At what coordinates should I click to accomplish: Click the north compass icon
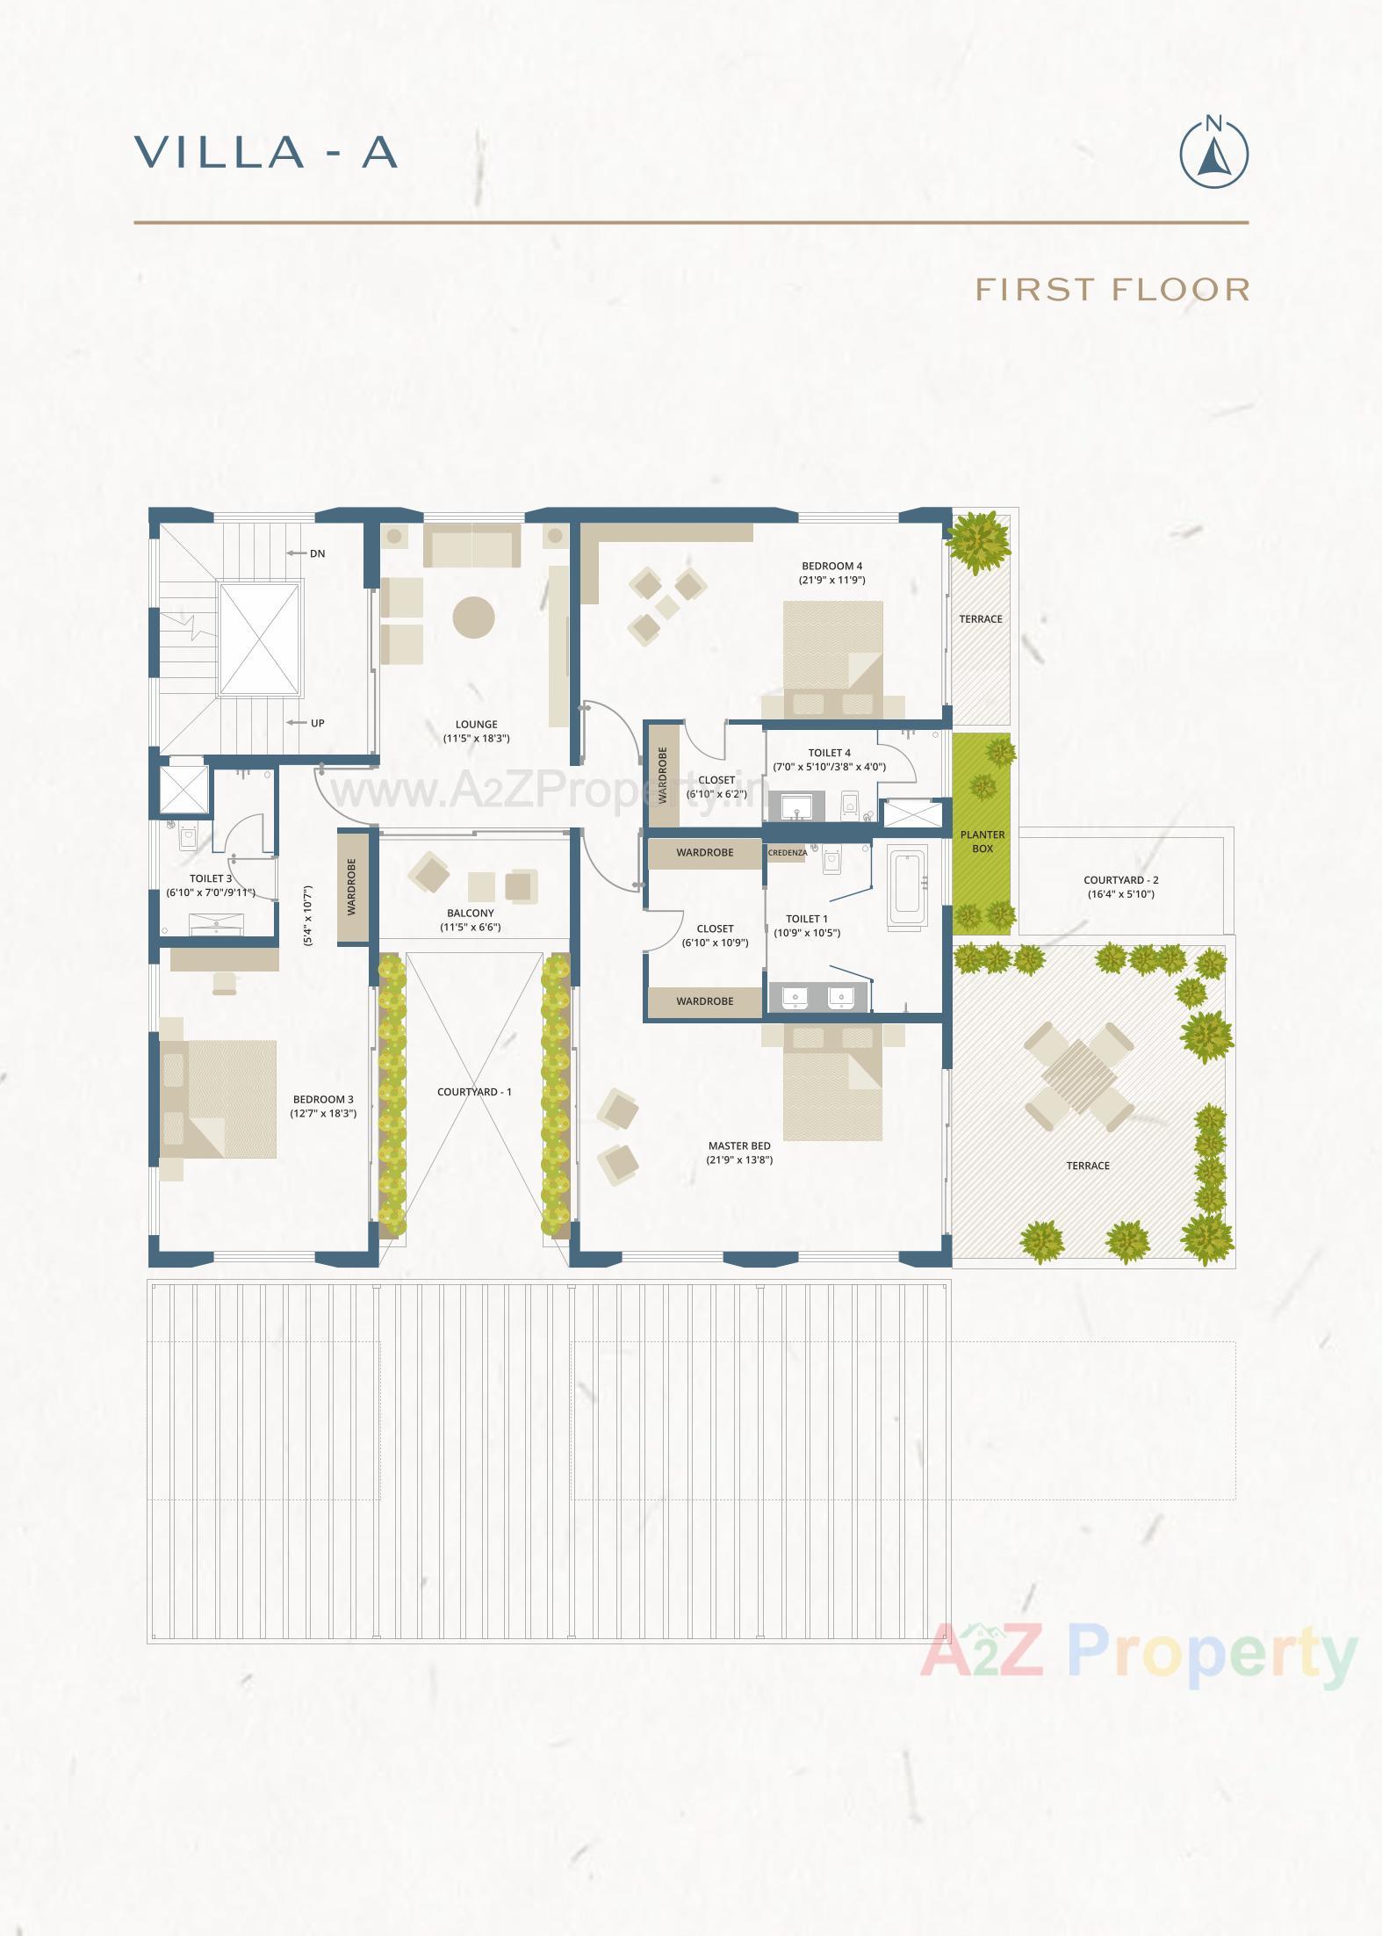pyautogui.click(x=1213, y=153)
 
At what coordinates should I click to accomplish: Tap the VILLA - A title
pyautogui.click(x=266, y=152)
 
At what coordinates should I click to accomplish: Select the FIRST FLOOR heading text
pyautogui.click(x=1112, y=289)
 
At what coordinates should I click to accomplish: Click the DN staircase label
pyautogui.click(x=317, y=553)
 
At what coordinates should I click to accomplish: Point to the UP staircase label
pyautogui.click(x=317, y=723)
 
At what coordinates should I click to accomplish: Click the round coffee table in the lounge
pyautogui.click(x=473, y=617)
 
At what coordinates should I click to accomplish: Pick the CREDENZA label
pyautogui.click(x=788, y=853)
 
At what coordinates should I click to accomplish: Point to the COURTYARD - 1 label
pyautogui.click(x=474, y=1092)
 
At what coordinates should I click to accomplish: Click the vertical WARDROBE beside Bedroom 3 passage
pyautogui.click(x=352, y=887)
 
